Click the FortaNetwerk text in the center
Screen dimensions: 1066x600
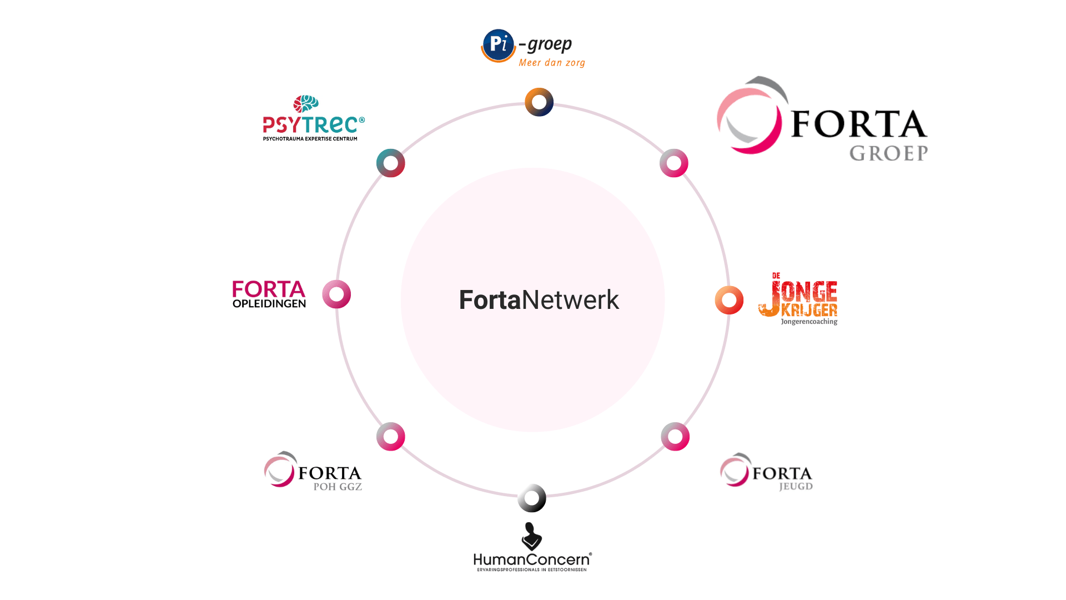pos(539,300)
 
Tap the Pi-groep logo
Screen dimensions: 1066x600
pos(533,48)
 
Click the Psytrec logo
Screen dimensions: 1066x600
pos(314,118)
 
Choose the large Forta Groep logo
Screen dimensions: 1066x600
pos(822,119)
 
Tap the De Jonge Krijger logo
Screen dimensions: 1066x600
pos(798,299)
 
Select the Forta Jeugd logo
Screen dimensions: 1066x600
pos(766,472)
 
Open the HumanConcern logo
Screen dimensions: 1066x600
pos(532,547)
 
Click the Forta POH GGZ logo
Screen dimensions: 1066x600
pos(313,471)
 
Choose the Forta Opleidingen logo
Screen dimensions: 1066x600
pos(269,294)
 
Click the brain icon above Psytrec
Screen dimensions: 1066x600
pos(306,104)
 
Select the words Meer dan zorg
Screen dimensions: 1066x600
pos(552,63)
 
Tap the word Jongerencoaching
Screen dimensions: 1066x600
pos(809,322)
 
